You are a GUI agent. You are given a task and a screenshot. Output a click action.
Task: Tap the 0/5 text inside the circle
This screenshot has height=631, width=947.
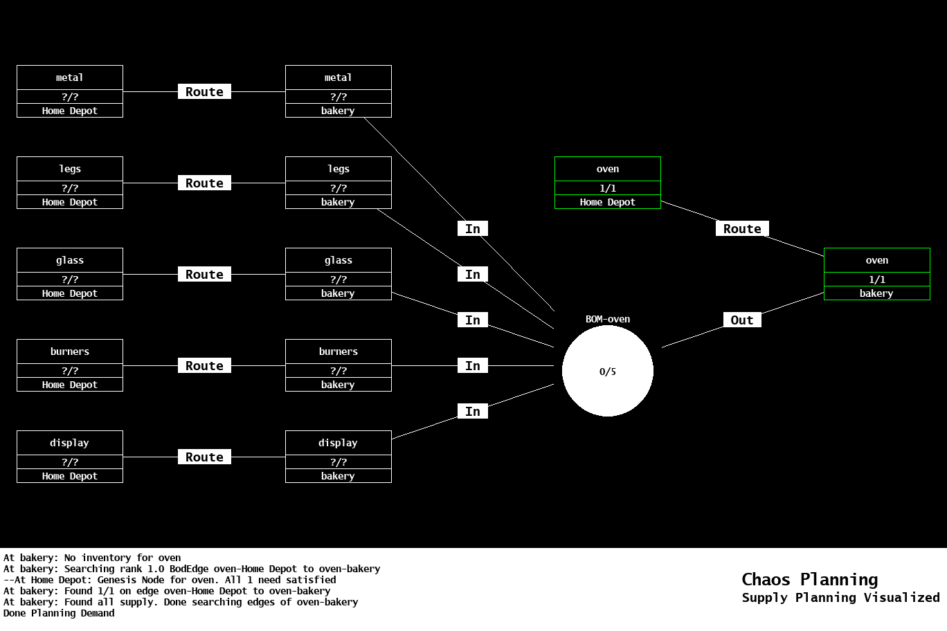pos(607,372)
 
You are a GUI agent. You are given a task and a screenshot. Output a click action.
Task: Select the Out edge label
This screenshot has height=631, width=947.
pos(741,320)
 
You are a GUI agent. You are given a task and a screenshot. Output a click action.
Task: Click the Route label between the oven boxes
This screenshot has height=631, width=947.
pos(742,228)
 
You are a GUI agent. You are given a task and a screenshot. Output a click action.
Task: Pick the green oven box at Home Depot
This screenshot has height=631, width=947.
pos(607,183)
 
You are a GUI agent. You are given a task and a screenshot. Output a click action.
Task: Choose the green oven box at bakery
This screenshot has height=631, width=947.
pos(876,274)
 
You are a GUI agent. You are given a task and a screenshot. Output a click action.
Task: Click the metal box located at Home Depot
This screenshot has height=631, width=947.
pos(69,91)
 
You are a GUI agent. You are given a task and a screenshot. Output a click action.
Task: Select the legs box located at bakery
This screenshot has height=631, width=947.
pos(338,183)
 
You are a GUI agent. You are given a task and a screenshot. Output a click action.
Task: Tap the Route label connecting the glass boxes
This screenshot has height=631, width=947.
pos(204,274)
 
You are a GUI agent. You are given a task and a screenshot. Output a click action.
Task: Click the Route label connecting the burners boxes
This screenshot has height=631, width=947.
pos(204,365)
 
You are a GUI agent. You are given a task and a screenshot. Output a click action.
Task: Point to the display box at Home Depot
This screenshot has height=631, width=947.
pos(69,457)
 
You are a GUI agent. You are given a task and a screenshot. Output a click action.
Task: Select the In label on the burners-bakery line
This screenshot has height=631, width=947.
pos(472,365)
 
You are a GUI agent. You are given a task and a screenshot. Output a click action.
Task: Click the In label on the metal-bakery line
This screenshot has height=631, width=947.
pos(472,228)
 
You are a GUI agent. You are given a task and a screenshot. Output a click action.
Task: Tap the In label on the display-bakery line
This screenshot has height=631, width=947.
pos(472,411)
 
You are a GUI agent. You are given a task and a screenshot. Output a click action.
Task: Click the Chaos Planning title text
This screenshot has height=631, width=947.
pos(809,579)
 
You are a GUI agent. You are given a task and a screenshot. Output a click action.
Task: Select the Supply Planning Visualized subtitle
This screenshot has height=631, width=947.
pos(840,598)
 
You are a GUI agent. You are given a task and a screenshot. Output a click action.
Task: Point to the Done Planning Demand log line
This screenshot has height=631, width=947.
pos(59,613)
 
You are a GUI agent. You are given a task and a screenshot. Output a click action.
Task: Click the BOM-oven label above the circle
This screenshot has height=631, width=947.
pos(607,319)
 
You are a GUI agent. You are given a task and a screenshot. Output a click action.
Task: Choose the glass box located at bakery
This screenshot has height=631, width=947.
pos(338,274)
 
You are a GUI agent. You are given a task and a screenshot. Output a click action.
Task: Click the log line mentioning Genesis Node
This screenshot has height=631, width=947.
pos(170,580)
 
